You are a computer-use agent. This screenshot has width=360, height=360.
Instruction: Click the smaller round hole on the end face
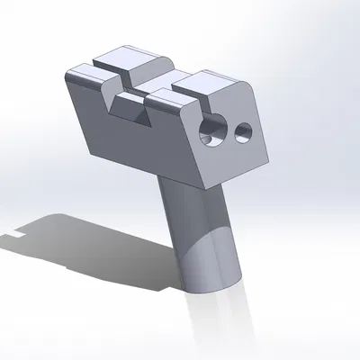coord(242,134)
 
